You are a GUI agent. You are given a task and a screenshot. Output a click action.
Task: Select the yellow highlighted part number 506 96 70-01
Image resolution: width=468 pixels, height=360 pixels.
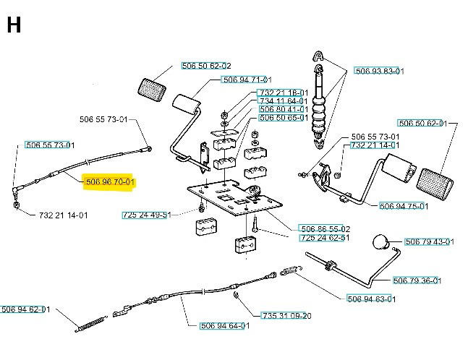click(x=110, y=181)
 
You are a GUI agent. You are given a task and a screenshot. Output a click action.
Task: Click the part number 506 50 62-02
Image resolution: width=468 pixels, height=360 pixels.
click(x=206, y=66)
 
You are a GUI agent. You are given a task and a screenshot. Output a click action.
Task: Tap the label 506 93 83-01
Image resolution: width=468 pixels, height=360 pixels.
click(x=379, y=71)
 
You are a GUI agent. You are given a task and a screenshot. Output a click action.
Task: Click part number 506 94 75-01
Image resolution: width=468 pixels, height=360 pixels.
click(x=404, y=206)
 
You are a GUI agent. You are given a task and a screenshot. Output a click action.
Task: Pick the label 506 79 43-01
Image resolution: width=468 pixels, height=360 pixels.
click(x=430, y=241)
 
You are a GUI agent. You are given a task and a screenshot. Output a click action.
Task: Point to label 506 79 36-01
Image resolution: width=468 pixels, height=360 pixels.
click(x=417, y=280)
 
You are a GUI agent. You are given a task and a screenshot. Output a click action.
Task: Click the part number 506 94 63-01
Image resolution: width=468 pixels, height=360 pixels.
click(x=372, y=299)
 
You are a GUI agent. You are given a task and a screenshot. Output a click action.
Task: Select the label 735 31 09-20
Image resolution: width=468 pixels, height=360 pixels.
click(x=286, y=316)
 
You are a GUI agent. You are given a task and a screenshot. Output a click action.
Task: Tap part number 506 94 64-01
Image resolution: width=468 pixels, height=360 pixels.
click(x=224, y=325)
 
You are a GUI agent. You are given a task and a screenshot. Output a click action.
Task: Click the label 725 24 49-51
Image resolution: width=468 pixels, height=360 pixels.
click(x=146, y=215)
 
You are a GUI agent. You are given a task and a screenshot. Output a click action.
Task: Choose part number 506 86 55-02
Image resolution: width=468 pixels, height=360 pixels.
click(x=324, y=228)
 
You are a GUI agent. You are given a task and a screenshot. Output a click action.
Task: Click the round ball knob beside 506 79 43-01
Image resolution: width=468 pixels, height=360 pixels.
click(x=380, y=241)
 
